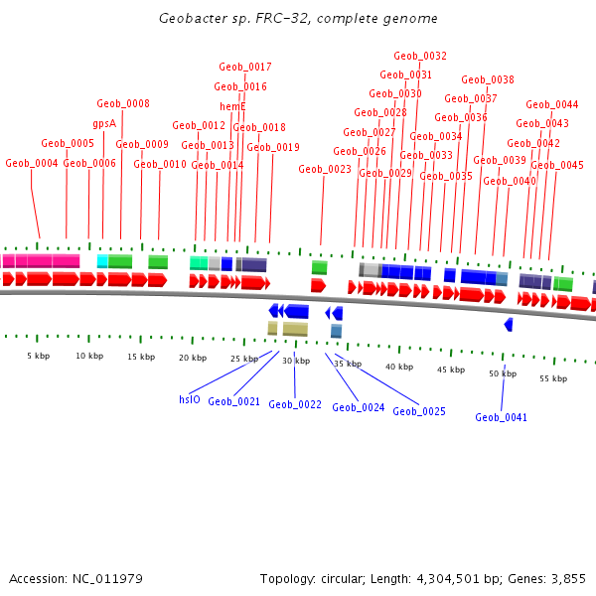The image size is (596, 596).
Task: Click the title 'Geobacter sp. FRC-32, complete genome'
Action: click(298, 19)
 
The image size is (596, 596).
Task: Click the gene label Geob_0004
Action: click(32, 163)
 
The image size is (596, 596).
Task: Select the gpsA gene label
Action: click(104, 124)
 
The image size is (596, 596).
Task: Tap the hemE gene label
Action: click(232, 106)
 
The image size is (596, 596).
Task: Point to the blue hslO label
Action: click(190, 399)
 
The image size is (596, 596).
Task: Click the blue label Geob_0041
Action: click(501, 417)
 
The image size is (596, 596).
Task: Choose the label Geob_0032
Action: click(420, 57)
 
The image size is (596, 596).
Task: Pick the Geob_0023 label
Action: click(325, 169)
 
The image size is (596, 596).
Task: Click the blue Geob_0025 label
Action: click(419, 411)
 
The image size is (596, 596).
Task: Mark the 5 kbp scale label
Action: click(39, 356)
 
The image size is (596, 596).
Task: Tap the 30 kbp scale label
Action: click(296, 361)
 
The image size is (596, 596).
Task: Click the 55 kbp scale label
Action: click(552, 378)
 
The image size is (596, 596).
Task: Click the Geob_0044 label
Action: click(552, 104)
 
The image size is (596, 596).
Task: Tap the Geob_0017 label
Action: click(245, 67)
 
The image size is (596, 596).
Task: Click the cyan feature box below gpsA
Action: click(102, 261)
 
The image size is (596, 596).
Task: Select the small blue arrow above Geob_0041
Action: click(509, 325)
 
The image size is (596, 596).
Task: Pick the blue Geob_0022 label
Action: click(295, 404)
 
